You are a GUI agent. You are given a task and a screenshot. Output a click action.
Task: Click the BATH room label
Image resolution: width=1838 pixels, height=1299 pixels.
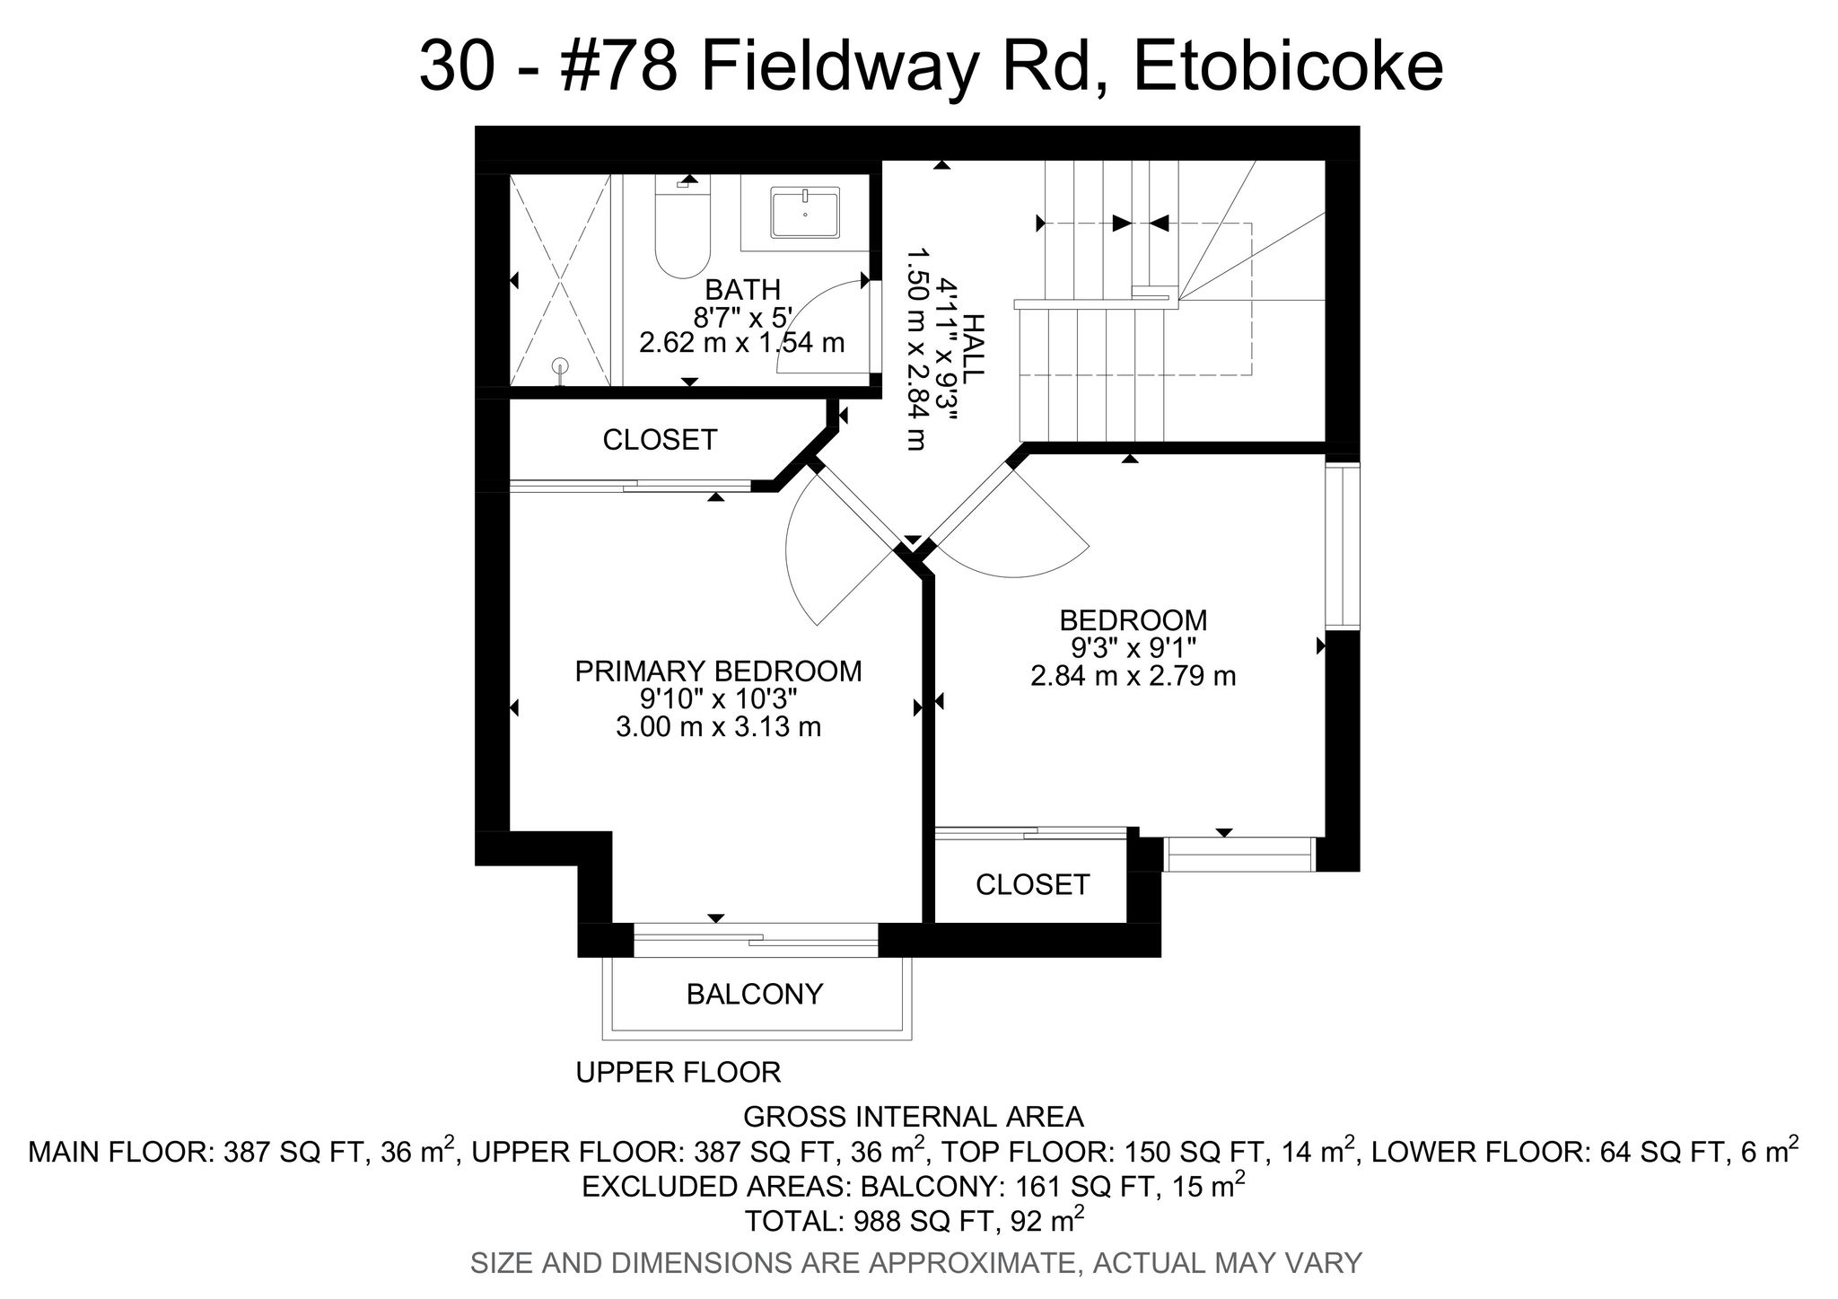[742, 290]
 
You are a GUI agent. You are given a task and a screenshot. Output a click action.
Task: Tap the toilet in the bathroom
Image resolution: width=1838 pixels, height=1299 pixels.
[683, 227]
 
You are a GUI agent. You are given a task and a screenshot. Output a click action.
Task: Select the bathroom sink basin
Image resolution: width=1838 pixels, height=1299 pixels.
[805, 213]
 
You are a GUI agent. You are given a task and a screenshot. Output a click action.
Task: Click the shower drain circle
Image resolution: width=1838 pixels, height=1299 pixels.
[561, 365]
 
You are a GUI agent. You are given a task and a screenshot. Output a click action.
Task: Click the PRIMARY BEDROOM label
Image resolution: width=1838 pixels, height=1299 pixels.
[718, 671]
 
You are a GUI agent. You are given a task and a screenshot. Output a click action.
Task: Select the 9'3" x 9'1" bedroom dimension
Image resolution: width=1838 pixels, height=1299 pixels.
[1133, 647]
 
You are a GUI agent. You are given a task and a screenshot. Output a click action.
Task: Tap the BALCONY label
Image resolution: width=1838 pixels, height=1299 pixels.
[755, 994]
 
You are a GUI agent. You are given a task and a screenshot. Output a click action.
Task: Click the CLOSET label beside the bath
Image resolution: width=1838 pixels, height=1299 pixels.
[660, 440]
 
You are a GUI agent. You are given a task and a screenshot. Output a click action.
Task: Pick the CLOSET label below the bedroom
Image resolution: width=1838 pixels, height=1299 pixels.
[1032, 885]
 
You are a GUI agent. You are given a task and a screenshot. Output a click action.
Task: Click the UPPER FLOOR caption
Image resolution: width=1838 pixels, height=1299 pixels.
[678, 1072]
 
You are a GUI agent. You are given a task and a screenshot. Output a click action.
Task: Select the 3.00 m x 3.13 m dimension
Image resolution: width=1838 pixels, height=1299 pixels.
[718, 726]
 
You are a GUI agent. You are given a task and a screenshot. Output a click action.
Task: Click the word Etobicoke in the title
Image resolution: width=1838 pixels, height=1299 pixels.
[1288, 67]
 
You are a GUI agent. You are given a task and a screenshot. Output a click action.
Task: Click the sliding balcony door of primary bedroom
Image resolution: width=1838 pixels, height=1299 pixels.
[756, 940]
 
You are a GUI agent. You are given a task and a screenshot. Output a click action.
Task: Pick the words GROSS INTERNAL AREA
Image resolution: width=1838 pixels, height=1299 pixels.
[914, 1117]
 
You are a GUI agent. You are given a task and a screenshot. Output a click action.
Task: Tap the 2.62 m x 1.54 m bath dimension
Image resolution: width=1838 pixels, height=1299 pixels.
[742, 343]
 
